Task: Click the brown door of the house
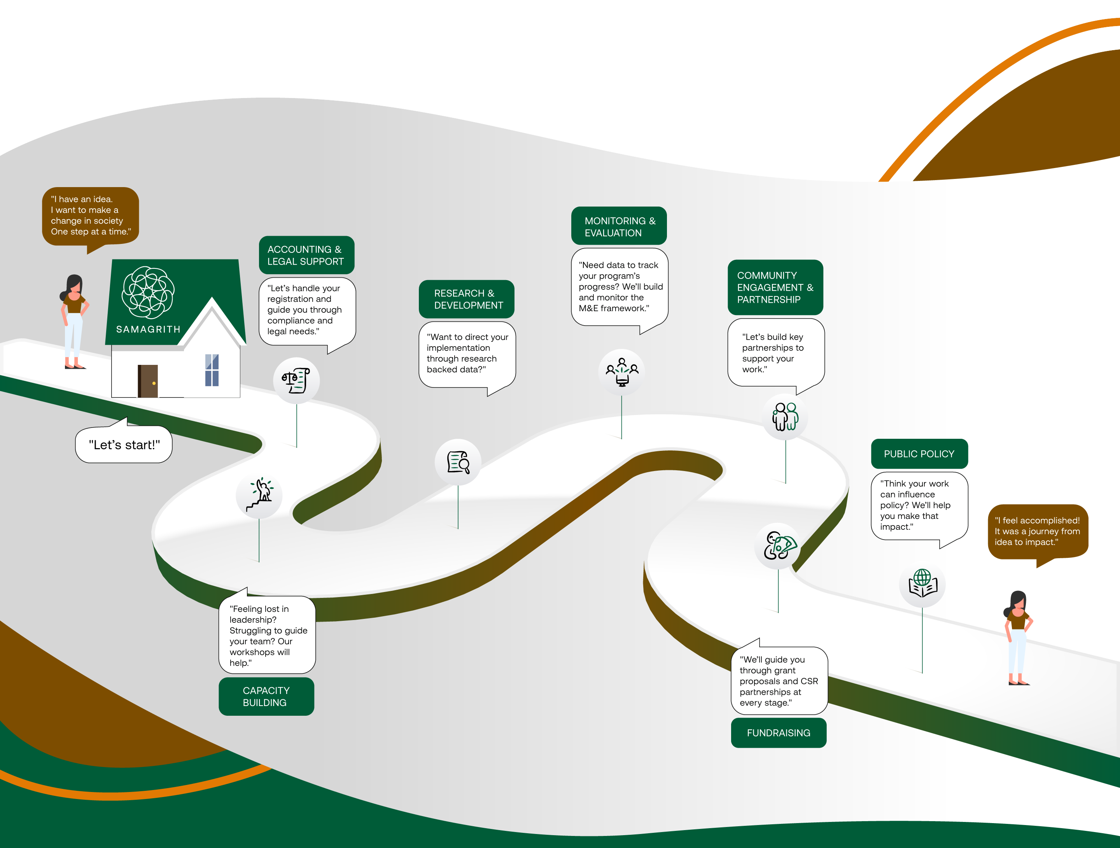[148, 380]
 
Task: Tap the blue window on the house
[212, 370]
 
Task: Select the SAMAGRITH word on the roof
[148, 329]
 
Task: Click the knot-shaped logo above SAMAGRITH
[148, 293]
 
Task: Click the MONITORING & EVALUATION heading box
[619, 226]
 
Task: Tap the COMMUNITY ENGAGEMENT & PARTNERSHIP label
[775, 287]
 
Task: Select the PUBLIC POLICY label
[919, 454]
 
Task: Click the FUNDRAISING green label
[778, 732]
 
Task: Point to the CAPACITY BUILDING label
[266, 697]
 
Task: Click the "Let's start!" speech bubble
[124, 445]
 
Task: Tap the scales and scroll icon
[296, 380]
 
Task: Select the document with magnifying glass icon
[458, 462]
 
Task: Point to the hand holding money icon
[778, 546]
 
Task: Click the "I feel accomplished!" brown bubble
[1038, 531]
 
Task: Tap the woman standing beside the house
[74, 322]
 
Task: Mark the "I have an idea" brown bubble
[90, 216]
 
